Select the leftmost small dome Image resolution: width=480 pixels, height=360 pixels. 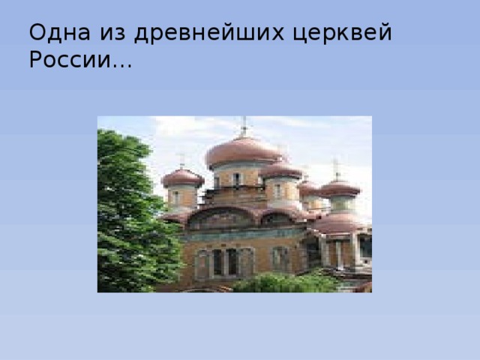click(182, 178)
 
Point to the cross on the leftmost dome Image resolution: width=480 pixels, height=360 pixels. click(181, 160)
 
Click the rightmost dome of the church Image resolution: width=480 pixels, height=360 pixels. click(340, 187)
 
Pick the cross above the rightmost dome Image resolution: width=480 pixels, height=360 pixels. click(336, 168)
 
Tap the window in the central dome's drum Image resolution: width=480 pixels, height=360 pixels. click(235, 178)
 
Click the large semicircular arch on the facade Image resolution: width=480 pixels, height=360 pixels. click(221, 218)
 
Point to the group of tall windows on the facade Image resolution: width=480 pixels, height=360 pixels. click(225, 262)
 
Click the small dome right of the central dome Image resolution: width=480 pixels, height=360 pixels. click(281, 169)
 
